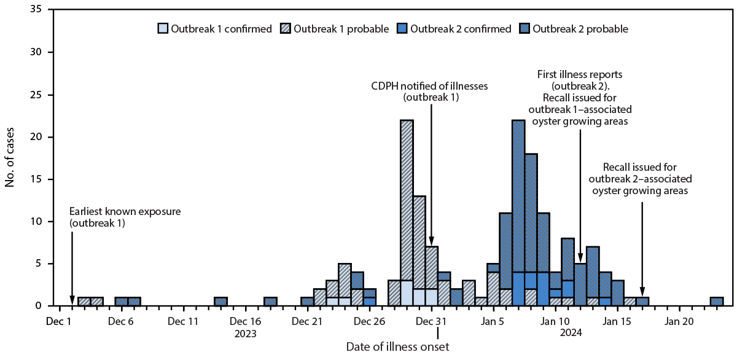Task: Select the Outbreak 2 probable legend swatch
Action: pyautogui.click(x=526, y=28)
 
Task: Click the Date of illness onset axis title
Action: pyautogui.click(x=397, y=347)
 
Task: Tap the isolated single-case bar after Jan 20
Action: pyautogui.click(x=716, y=301)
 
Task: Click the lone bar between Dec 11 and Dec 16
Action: pyautogui.click(x=220, y=301)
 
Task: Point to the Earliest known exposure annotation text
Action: pyautogui.click(x=126, y=217)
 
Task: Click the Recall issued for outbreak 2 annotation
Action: pyautogui.click(x=639, y=179)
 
